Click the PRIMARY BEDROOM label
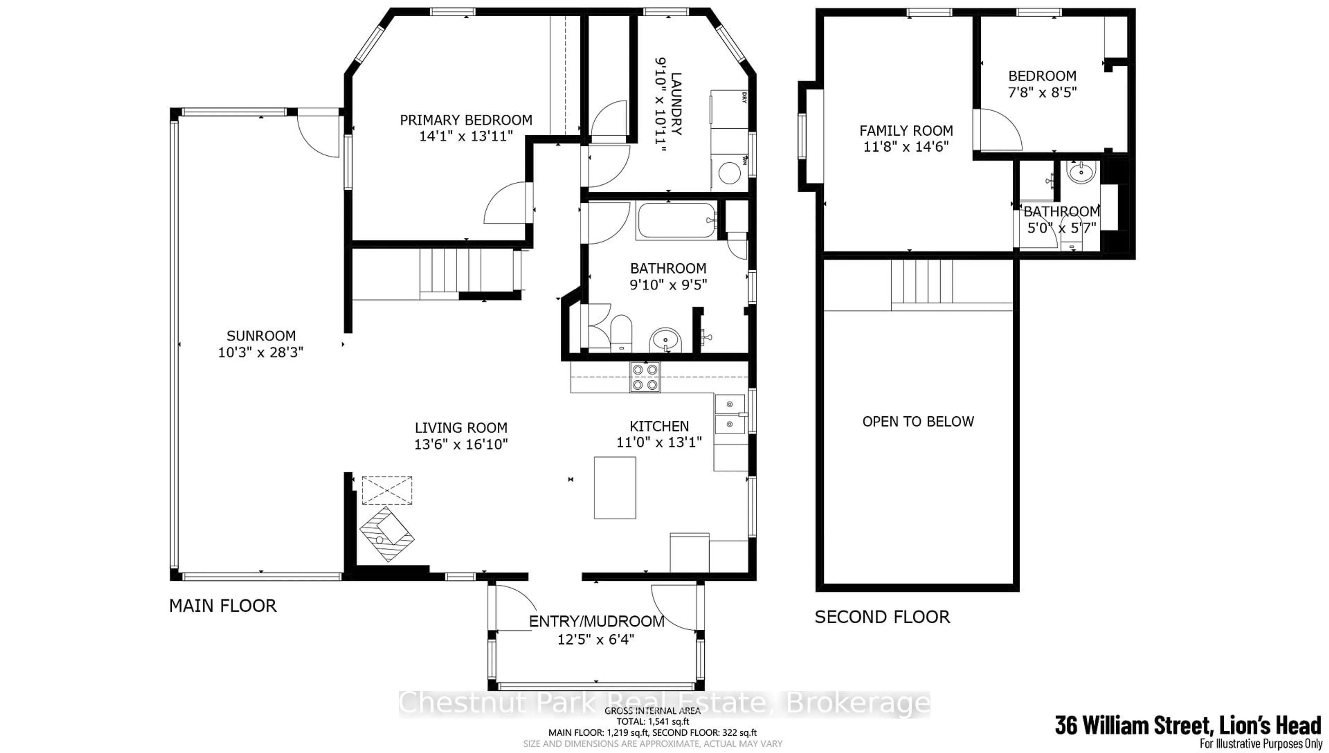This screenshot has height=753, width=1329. (x=465, y=120)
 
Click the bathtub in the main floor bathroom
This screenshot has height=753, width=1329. (x=676, y=220)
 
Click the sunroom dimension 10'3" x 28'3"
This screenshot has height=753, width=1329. (x=260, y=352)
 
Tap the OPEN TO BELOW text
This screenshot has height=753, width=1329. (x=918, y=421)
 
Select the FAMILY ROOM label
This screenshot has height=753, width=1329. (x=906, y=130)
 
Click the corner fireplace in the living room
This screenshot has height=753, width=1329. (x=387, y=541)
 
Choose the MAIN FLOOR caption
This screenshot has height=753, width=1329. (x=223, y=606)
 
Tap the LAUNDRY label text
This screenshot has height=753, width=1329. (x=675, y=103)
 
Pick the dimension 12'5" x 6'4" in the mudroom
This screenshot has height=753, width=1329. (x=596, y=639)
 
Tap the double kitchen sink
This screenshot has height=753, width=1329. (x=729, y=414)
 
